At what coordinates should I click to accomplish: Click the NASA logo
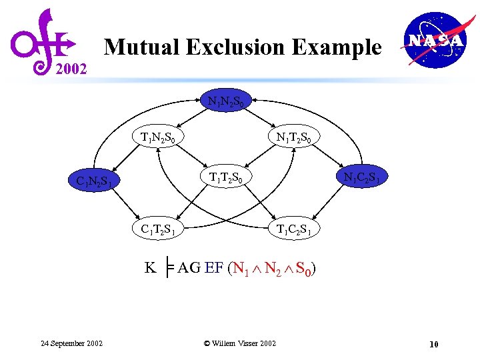(435, 41)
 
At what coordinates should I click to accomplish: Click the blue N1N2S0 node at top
(229, 102)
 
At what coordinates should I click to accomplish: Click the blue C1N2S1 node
(98, 181)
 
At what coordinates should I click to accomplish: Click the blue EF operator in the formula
(214, 269)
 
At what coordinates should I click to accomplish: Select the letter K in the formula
(151, 269)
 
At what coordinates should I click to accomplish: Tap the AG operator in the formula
(189, 269)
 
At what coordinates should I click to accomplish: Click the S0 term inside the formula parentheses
(303, 269)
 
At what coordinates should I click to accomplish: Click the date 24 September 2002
(71, 343)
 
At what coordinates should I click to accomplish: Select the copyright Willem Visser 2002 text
(239, 343)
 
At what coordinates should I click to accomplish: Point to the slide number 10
(433, 344)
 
